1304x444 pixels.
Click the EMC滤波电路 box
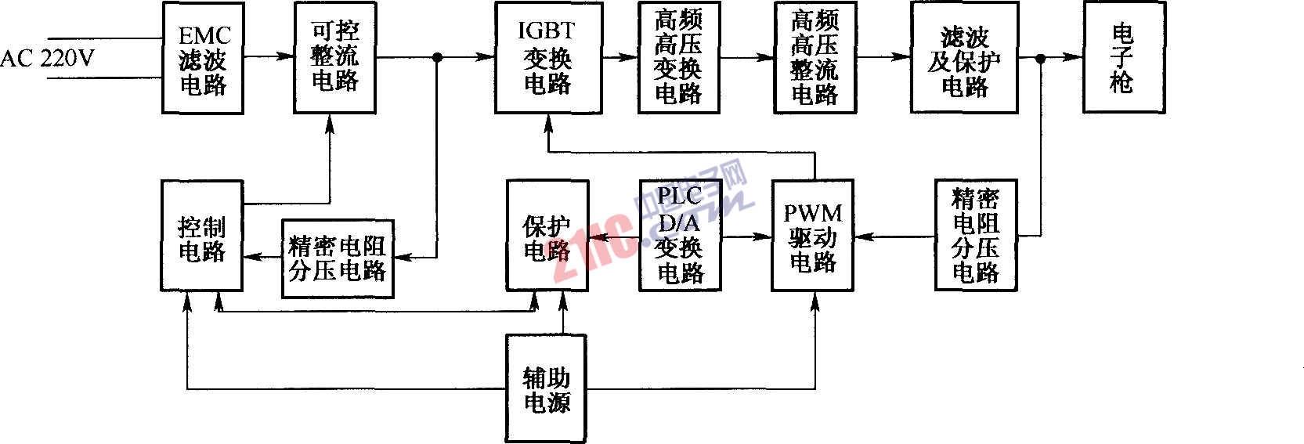point(203,58)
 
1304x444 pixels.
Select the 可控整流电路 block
point(334,56)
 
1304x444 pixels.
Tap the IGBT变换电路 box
point(548,58)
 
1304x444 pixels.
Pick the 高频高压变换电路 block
point(678,58)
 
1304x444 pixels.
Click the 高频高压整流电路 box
point(815,58)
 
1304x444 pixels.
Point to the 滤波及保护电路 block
point(964,58)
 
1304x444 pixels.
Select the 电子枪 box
point(1124,58)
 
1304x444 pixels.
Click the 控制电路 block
point(201,236)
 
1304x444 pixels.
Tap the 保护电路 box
point(547,236)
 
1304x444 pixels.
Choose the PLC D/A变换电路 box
point(679,236)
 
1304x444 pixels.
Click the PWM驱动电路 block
point(812,236)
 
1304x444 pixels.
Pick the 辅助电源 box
point(547,389)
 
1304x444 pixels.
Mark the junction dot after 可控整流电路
point(438,57)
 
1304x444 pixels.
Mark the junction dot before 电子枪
point(1041,58)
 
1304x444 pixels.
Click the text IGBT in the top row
point(546,31)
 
